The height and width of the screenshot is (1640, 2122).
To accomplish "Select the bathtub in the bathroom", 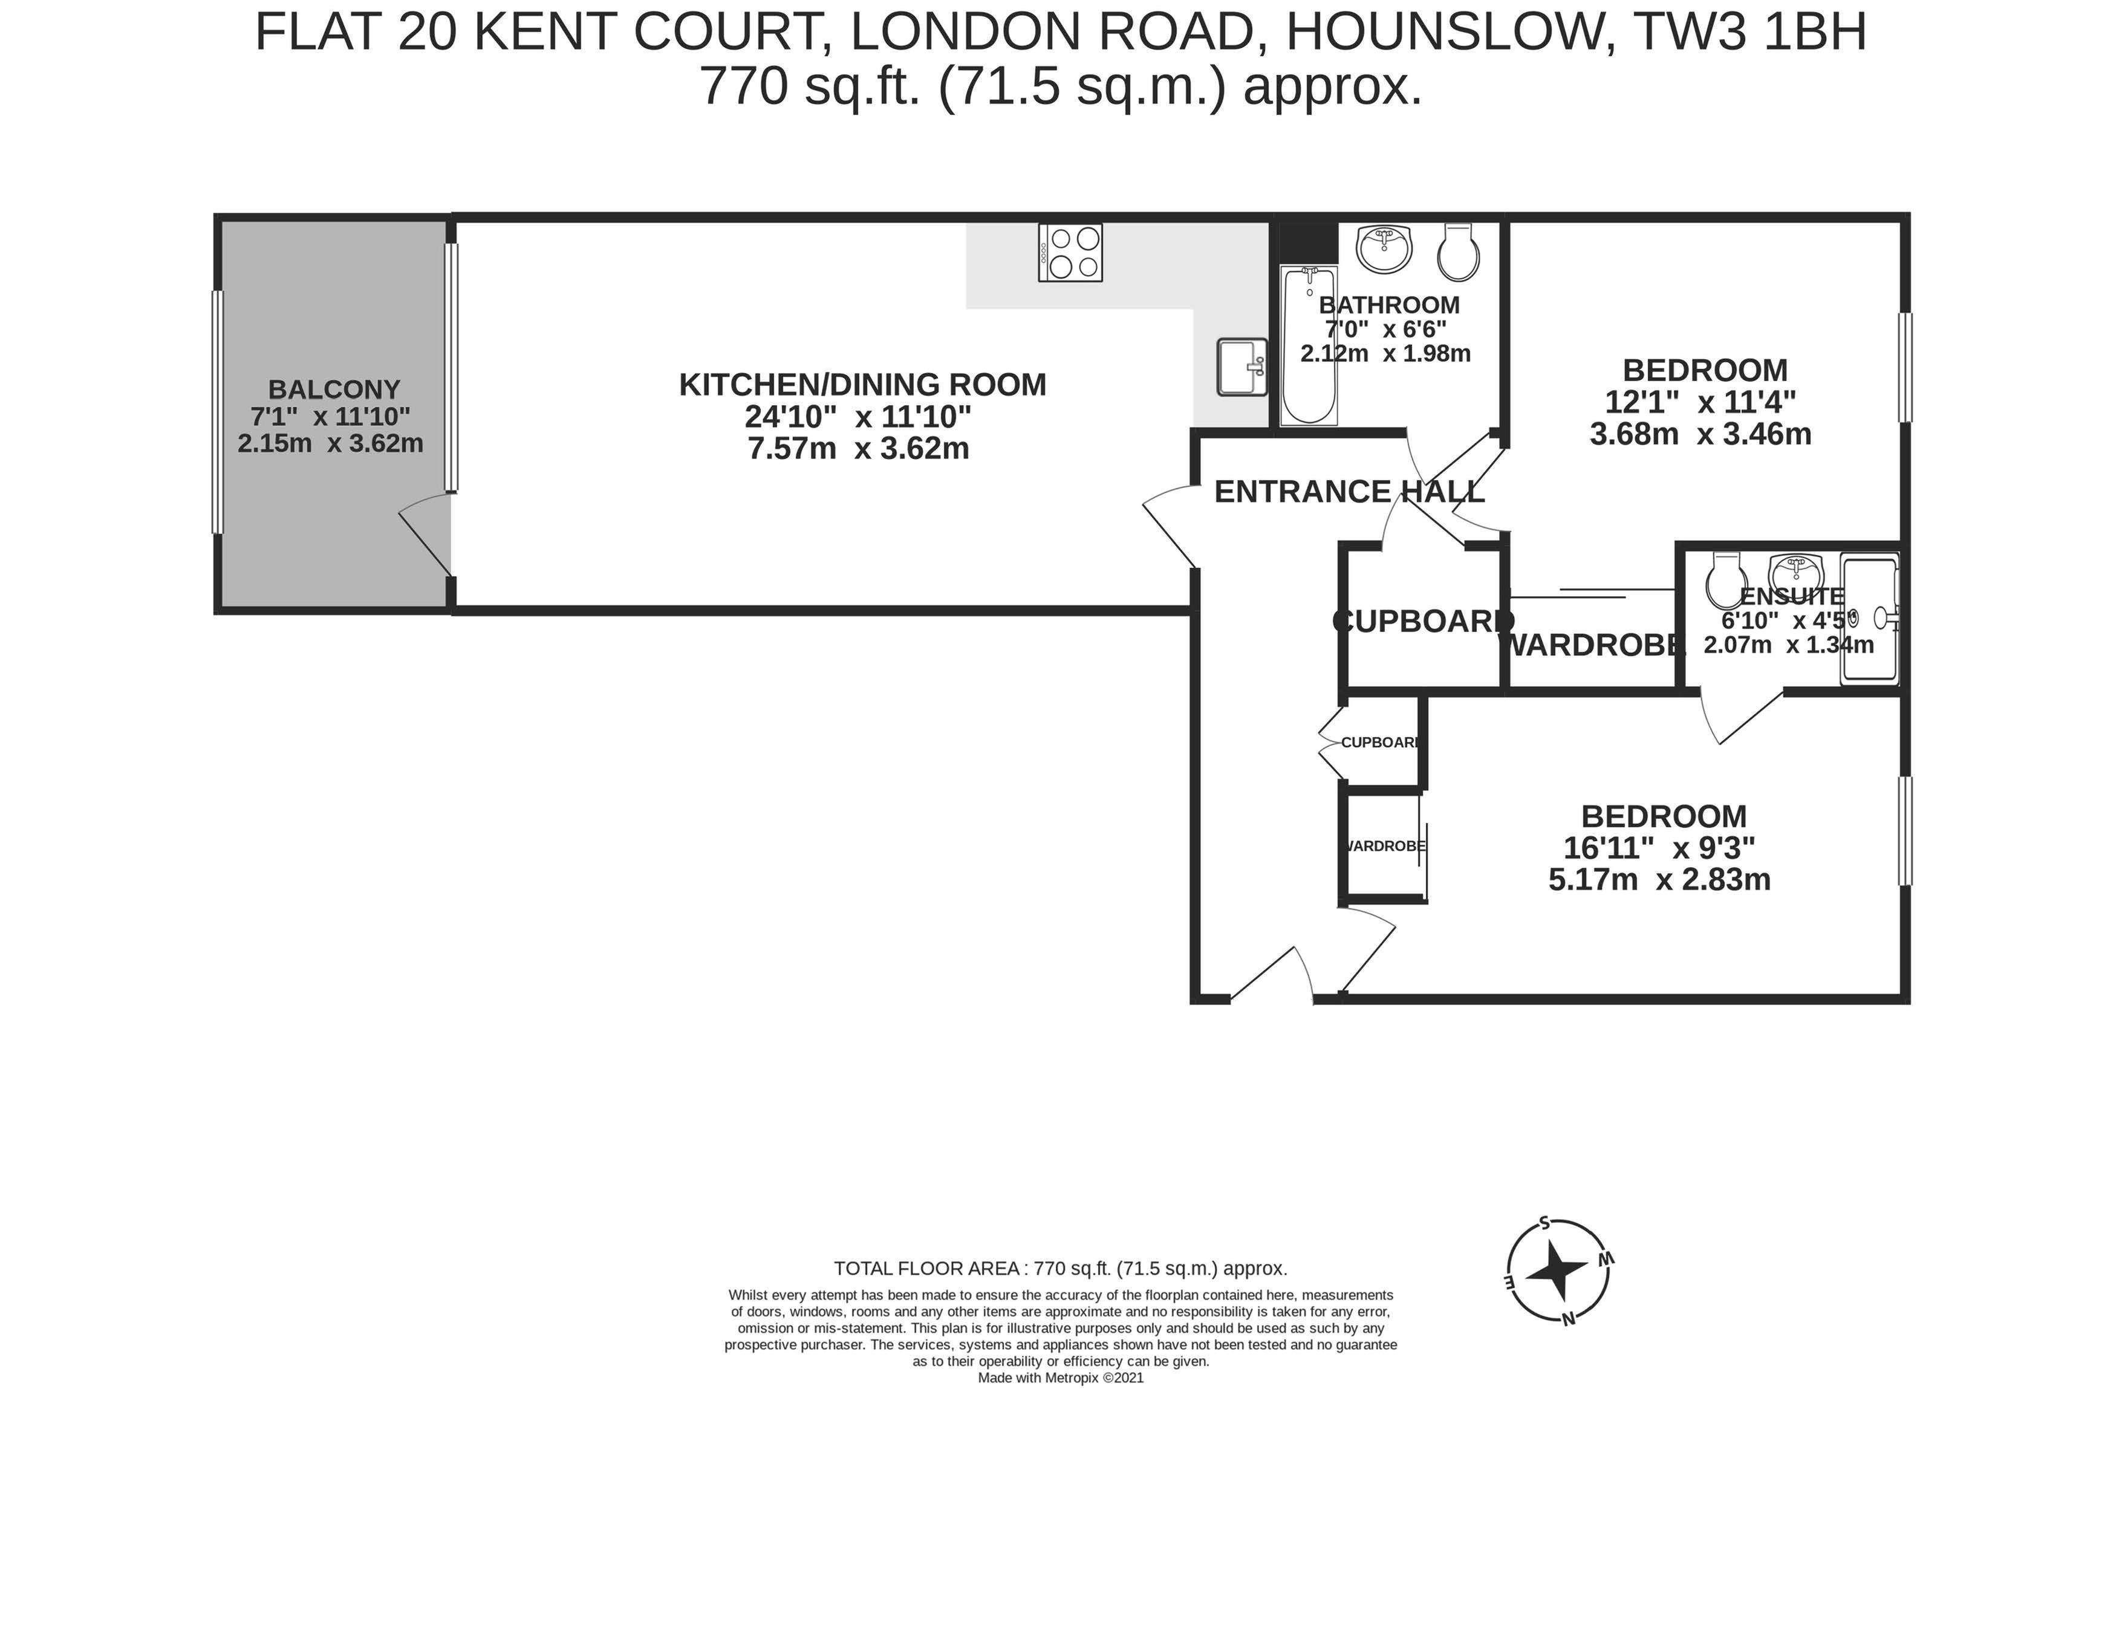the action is coord(1308,345).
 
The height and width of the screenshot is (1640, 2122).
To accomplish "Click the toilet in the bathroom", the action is coord(1459,252).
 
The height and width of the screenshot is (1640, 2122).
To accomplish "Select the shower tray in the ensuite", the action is coord(1869,619).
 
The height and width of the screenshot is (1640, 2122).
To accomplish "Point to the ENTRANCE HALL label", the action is coord(1350,492).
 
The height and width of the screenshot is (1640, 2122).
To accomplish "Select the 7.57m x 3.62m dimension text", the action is coord(859,449).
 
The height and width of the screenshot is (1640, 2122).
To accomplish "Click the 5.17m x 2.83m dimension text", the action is coord(1659,879).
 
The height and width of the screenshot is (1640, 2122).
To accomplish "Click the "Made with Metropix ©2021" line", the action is coord(1061,1378).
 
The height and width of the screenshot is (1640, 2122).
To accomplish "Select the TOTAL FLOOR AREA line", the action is coord(1061,1268).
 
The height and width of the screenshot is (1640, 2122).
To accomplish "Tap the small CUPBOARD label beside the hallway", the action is coord(1379,742).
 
